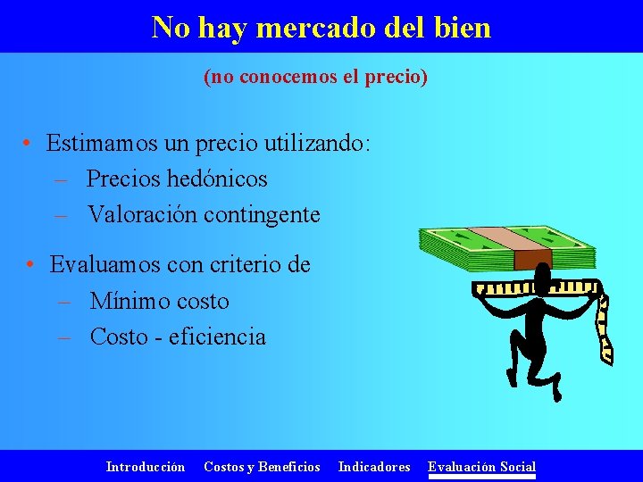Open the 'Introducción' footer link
pos(146,466)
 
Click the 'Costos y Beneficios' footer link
pos(262,466)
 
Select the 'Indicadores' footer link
pos(374,466)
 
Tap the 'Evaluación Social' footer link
pos(481,466)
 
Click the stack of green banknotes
pos(464,245)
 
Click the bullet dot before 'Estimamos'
pos(29,144)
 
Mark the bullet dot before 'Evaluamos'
pos(30,265)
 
